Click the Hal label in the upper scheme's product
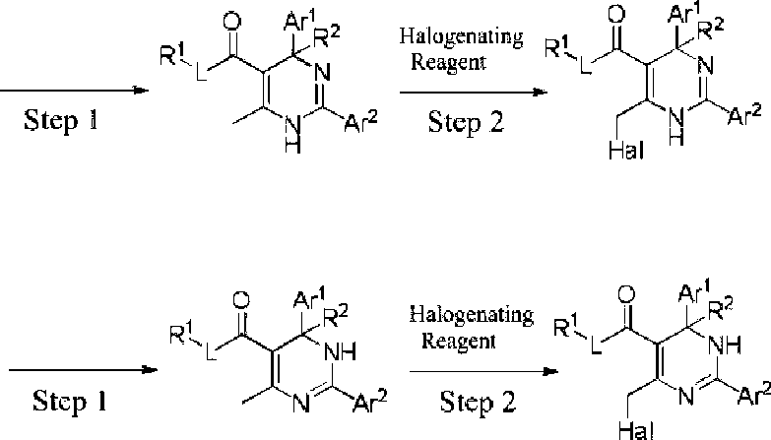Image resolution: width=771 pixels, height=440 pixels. [625, 150]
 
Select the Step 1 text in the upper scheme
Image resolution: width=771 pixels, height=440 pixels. [61, 120]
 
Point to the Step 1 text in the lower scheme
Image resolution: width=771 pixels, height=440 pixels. [70, 401]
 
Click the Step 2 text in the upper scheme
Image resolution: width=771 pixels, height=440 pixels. [466, 122]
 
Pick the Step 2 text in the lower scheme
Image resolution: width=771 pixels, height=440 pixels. [478, 402]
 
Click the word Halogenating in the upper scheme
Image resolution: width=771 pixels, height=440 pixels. [461, 37]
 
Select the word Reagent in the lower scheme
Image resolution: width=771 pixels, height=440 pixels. [458, 341]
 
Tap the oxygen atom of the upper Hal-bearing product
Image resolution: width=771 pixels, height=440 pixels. [616, 14]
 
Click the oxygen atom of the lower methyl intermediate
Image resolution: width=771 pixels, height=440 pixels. [241, 301]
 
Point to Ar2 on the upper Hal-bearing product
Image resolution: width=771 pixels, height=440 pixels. [744, 115]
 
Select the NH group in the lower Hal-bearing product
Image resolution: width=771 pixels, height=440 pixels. [725, 346]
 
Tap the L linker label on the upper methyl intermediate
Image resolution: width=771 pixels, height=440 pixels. [202, 72]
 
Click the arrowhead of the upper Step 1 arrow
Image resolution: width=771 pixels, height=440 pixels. [142, 91]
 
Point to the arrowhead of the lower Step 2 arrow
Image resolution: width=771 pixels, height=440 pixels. [551, 372]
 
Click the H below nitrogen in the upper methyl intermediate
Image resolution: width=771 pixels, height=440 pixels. [292, 144]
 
